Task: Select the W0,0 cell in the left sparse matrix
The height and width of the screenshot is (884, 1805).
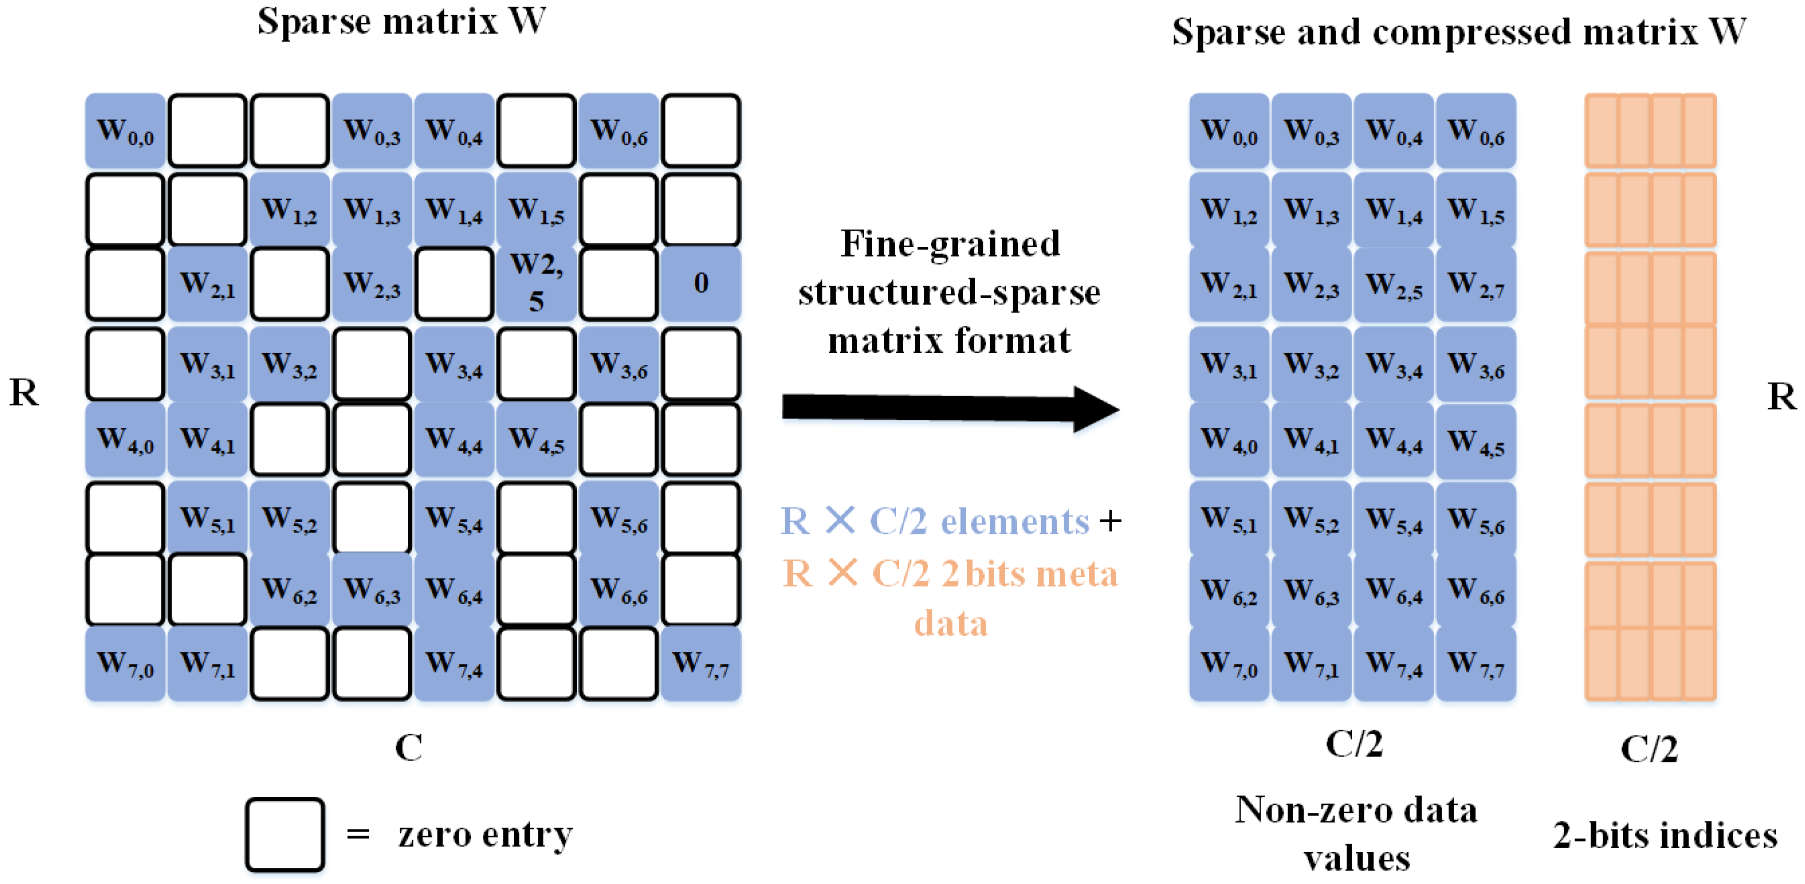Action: tap(125, 131)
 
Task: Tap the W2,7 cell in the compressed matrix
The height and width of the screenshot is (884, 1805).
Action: tap(1476, 284)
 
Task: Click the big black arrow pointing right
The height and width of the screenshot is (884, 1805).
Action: tap(949, 408)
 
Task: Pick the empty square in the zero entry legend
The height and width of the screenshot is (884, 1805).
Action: tap(284, 834)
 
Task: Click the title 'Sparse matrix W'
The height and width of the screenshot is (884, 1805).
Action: tap(401, 21)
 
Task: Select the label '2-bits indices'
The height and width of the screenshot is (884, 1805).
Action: tap(1665, 835)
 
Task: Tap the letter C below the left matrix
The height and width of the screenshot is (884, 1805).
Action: tap(408, 747)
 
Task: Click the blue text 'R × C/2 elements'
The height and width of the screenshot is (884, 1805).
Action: tap(935, 521)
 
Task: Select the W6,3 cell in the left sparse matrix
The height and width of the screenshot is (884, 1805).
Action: tap(371, 589)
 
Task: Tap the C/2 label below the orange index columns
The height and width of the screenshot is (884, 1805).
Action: tap(1650, 748)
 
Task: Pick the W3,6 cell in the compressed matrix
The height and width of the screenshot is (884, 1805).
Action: tap(1476, 364)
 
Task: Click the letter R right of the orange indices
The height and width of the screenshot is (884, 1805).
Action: tap(1781, 397)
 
